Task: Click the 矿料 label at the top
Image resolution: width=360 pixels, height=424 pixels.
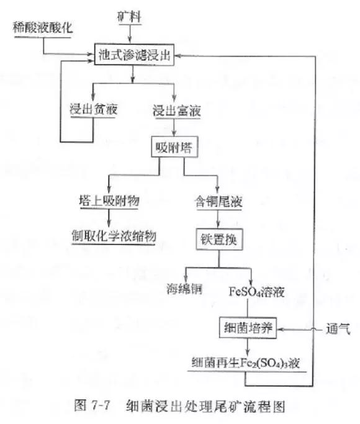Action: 129,17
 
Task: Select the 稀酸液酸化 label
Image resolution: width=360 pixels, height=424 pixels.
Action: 43,28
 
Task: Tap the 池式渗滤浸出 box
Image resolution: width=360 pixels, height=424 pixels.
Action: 134,55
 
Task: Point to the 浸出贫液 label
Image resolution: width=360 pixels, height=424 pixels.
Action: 94,109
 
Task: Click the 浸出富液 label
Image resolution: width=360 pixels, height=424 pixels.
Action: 177,111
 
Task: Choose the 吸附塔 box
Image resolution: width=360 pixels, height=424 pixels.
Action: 174,147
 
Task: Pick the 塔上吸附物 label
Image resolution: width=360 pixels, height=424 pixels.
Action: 109,201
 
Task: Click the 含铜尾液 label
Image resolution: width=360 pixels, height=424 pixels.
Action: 218,202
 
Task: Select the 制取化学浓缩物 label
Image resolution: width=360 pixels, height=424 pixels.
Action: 114,236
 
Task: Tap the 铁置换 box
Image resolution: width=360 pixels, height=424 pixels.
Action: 219,239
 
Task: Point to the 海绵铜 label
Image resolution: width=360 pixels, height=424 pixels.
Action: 184,289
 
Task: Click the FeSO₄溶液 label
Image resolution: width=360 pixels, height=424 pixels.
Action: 257,292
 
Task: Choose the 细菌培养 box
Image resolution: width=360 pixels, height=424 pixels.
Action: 248,328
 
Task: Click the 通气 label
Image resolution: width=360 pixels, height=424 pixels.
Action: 338,329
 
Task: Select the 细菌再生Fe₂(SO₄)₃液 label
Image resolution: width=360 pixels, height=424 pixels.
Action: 246,363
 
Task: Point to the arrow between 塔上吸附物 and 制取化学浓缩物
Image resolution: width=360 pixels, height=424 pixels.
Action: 109,219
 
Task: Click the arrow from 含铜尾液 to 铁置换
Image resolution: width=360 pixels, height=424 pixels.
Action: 218,219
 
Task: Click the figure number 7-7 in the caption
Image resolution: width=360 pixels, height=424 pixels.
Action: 101,405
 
